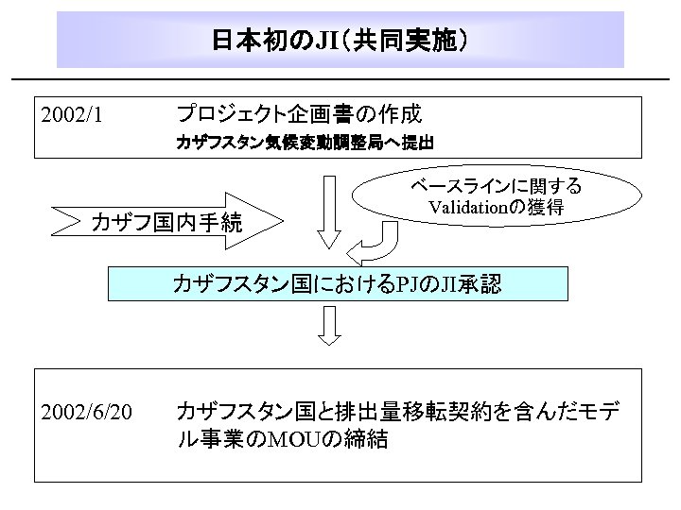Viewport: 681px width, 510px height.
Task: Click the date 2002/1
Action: click(x=72, y=116)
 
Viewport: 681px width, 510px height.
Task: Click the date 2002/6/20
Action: click(x=86, y=412)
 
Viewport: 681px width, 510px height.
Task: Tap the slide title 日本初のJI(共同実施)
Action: click(x=340, y=41)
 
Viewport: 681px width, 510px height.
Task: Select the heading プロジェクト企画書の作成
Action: click(x=299, y=115)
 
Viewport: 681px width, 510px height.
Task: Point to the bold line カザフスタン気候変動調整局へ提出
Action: click(x=305, y=144)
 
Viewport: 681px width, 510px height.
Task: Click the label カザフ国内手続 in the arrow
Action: click(x=166, y=223)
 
